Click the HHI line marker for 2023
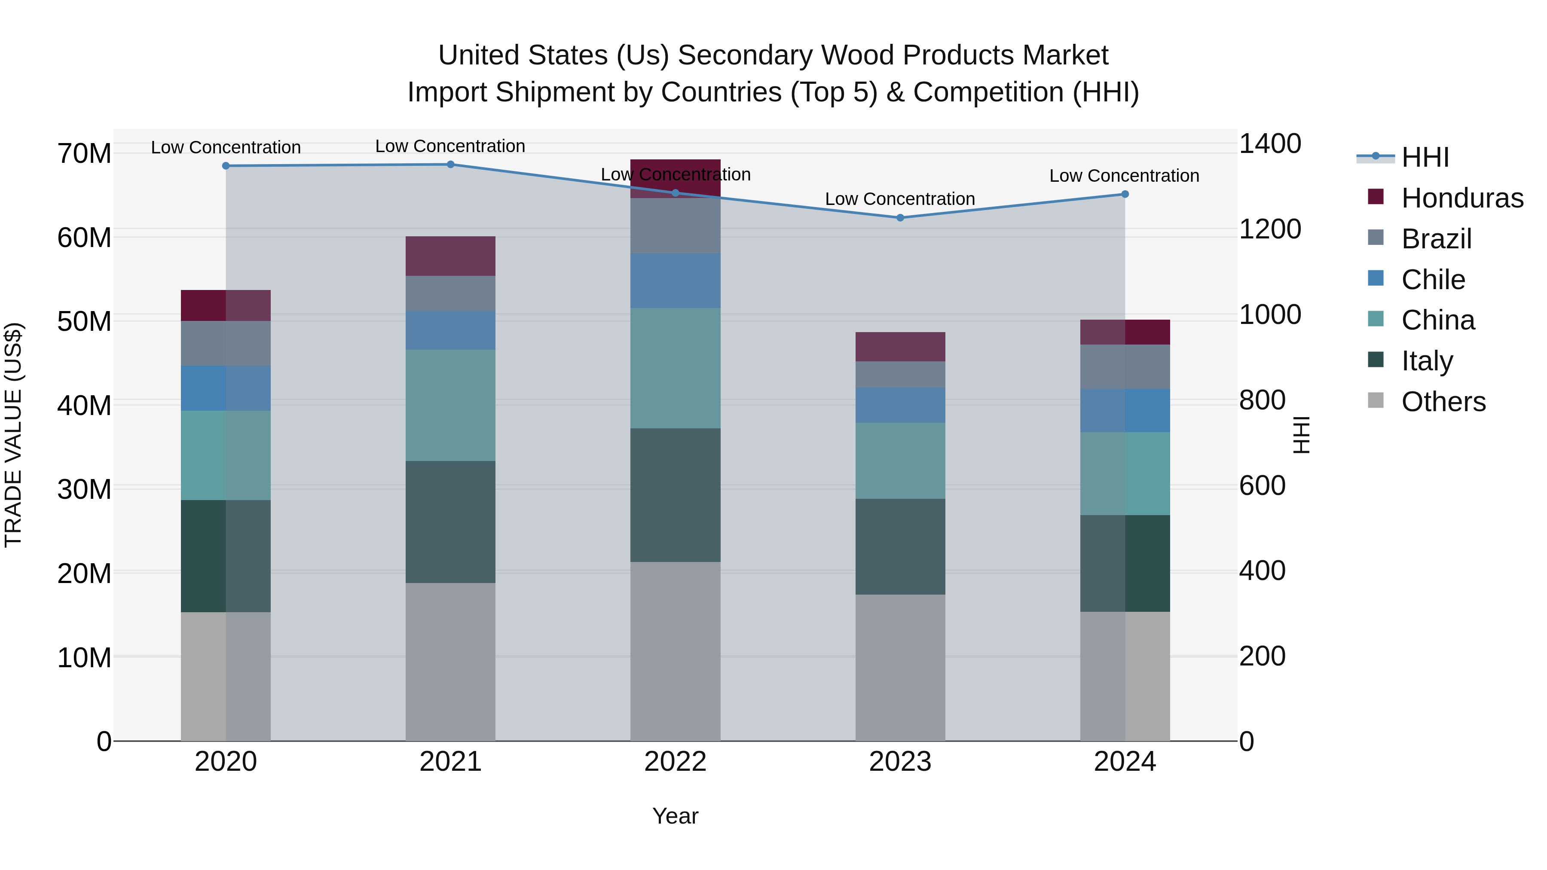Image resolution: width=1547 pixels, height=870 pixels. (899, 218)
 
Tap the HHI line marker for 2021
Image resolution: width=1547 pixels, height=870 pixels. (450, 165)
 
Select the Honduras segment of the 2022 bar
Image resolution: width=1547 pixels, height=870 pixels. (675, 178)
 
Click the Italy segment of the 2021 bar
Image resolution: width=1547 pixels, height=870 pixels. (450, 522)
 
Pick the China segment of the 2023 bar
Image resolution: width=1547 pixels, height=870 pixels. (899, 461)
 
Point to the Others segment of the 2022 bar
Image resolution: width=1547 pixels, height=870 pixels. (675, 651)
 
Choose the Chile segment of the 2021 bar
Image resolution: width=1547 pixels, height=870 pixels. (450, 330)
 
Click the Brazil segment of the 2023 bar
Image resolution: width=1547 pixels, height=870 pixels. (899, 374)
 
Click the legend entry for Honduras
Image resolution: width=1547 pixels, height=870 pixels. (1462, 198)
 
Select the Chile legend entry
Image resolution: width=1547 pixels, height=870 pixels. (1433, 280)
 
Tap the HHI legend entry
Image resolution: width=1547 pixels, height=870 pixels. (1425, 157)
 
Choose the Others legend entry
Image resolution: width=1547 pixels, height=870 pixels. (1443, 402)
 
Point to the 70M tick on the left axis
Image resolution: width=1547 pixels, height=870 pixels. (84, 154)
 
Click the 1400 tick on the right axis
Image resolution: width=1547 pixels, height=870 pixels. (1269, 144)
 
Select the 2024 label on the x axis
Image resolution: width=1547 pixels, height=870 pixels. (1124, 762)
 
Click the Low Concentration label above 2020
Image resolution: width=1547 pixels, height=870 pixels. (226, 147)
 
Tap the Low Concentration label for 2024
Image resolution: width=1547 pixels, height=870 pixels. (1124, 176)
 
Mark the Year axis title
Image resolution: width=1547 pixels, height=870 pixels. (675, 816)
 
